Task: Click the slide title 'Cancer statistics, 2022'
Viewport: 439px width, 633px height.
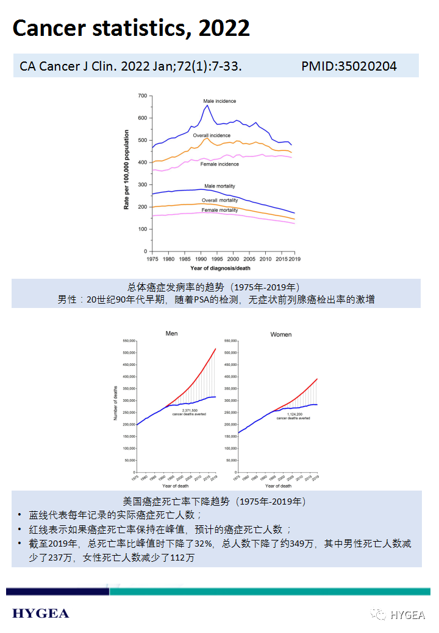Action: pos(131,29)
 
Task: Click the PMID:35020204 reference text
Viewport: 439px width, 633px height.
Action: pos(349,66)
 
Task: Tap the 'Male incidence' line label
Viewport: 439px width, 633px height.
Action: pos(220,101)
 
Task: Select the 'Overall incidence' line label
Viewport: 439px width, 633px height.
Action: pos(212,135)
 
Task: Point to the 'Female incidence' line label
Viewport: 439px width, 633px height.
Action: pos(220,164)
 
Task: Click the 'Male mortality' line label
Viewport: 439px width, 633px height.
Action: pos(220,186)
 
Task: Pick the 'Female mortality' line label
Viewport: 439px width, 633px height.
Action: pos(220,210)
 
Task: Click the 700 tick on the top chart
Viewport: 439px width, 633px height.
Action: pos(142,96)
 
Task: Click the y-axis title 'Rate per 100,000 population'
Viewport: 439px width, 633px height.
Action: pos(127,170)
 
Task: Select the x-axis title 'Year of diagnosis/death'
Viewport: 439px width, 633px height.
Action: pos(220,268)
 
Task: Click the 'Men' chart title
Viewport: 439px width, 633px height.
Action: pos(171,334)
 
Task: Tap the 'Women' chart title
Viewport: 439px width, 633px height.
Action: pos(280,335)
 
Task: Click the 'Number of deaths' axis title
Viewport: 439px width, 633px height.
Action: pos(116,403)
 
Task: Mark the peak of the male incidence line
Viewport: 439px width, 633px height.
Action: pos(207,106)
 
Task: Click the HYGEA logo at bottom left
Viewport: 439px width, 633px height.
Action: pos(40,613)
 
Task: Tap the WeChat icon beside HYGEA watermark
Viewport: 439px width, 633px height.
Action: pos(380,615)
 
